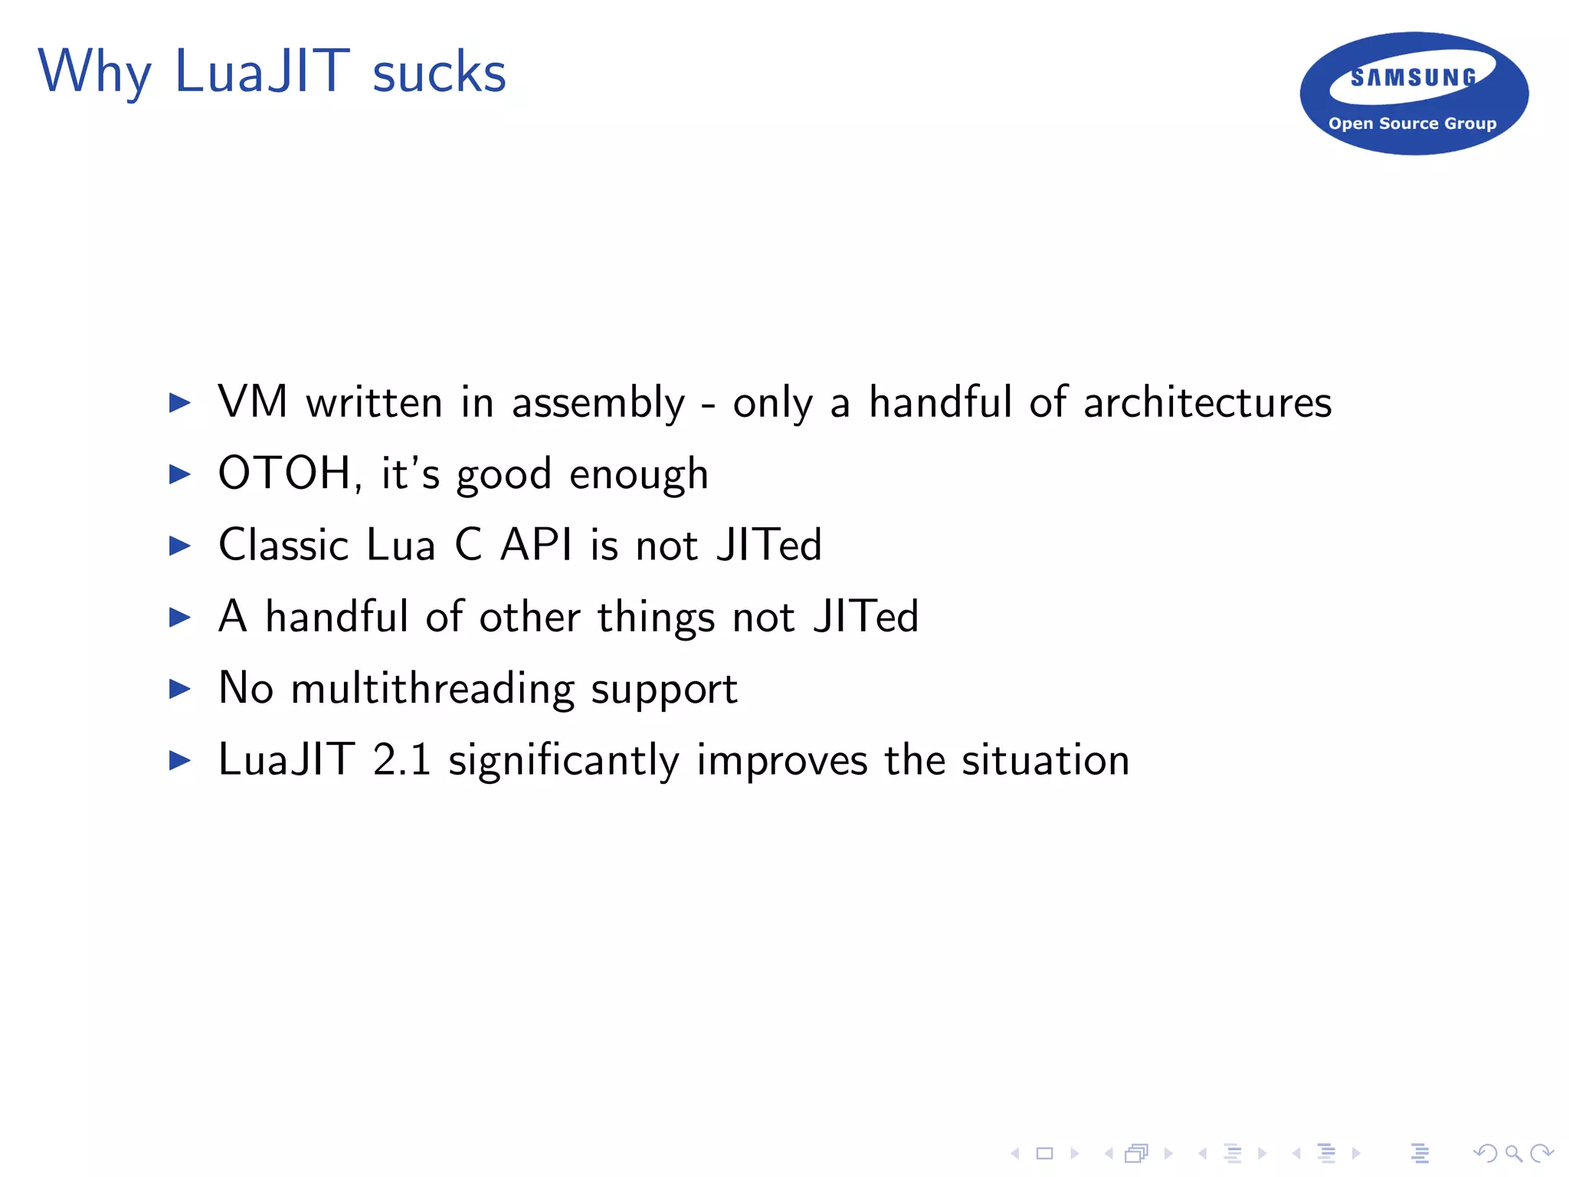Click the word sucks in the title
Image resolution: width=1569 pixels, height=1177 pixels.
(439, 73)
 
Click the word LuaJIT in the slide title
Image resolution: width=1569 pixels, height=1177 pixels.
(262, 71)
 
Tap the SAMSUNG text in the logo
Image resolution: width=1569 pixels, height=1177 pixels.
(1413, 77)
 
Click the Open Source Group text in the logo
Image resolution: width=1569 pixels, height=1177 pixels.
(1412, 123)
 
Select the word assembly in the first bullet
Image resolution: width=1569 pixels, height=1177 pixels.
(598, 403)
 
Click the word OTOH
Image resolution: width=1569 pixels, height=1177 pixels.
(284, 473)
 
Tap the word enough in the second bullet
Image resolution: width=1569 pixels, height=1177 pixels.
(639, 474)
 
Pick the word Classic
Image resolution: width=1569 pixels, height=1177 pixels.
(283, 545)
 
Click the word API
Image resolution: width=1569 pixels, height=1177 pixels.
(536, 545)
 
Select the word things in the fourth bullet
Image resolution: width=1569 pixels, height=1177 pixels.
(656, 618)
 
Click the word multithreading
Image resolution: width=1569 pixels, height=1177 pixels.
(433, 689)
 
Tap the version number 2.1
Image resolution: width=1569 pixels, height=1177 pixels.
(401, 760)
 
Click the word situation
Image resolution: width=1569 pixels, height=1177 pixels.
(1045, 760)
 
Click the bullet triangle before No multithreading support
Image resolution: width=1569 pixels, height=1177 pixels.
(179, 689)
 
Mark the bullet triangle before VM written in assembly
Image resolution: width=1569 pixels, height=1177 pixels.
(179, 402)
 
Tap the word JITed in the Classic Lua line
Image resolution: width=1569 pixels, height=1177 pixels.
(768, 545)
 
